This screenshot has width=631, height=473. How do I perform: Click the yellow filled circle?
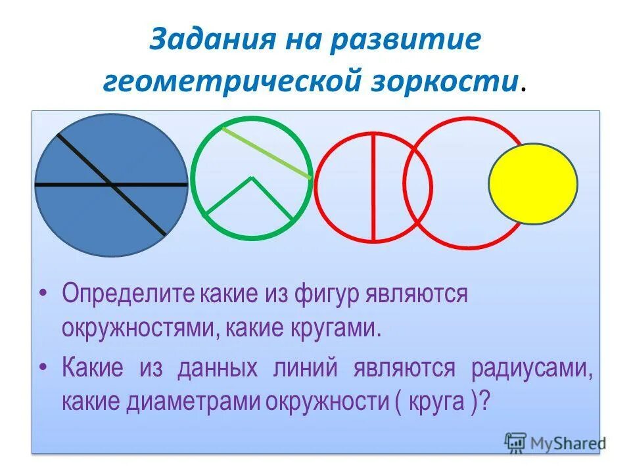pyautogui.click(x=533, y=184)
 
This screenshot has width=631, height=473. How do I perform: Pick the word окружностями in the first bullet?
pyautogui.click(x=138, y=327)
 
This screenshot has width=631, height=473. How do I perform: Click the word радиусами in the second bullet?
pyautogui.click(x=532, y=368)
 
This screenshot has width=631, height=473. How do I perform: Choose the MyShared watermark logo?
pyautogui.click(x=555, y=443)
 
